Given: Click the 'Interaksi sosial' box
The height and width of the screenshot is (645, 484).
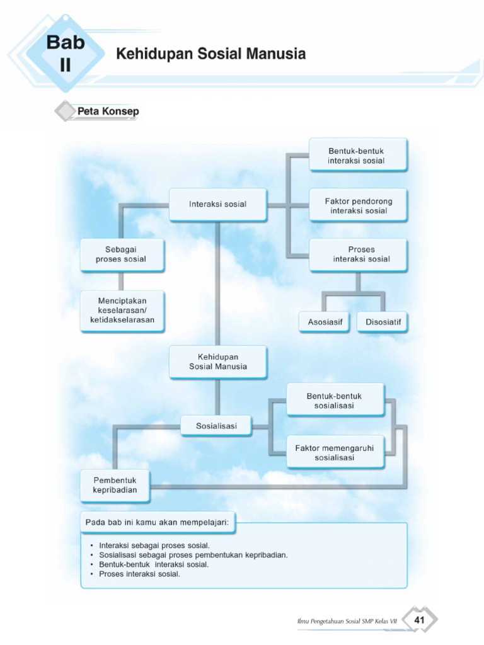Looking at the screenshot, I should click(217, 204).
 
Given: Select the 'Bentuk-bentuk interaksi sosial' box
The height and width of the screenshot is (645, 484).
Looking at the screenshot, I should click(357, 155).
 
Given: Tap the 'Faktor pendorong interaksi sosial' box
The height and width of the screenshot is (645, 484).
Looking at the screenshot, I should click(357, 205).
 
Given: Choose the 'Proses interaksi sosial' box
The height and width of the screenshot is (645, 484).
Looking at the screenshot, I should click(357, 254).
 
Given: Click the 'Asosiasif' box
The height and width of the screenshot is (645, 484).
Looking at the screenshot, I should click(325, 322).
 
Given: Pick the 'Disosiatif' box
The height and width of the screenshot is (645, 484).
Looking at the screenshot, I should click(383, 322).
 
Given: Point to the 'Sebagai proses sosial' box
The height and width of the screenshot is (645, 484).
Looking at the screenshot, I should click(122, 254).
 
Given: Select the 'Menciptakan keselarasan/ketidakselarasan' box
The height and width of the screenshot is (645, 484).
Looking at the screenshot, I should click(122, 311).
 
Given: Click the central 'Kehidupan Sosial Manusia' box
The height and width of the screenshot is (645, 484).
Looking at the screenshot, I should click(218, 361).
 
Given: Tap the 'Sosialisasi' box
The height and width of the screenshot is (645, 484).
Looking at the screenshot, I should click(216, 426).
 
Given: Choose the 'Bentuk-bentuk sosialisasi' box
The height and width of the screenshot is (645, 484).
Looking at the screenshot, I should click(335, 401).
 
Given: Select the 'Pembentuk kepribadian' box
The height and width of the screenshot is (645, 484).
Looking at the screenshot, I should click(115, 485).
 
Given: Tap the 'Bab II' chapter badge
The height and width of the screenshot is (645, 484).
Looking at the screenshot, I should click(66, 53).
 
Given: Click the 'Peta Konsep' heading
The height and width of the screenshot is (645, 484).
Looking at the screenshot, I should click(108, 111).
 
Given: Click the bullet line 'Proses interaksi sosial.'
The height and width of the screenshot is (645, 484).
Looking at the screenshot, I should click(140, 574).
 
